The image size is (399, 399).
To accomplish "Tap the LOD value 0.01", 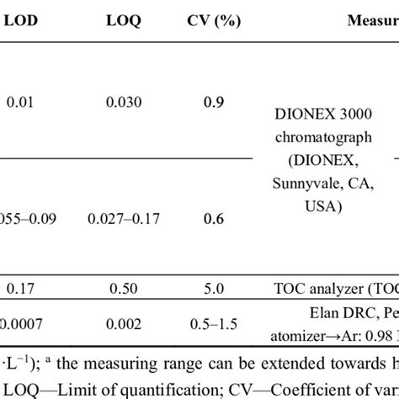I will coord(22,103).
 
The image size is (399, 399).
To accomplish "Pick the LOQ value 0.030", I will coord(124,103).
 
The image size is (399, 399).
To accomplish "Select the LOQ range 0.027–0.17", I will coord(124,220).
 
